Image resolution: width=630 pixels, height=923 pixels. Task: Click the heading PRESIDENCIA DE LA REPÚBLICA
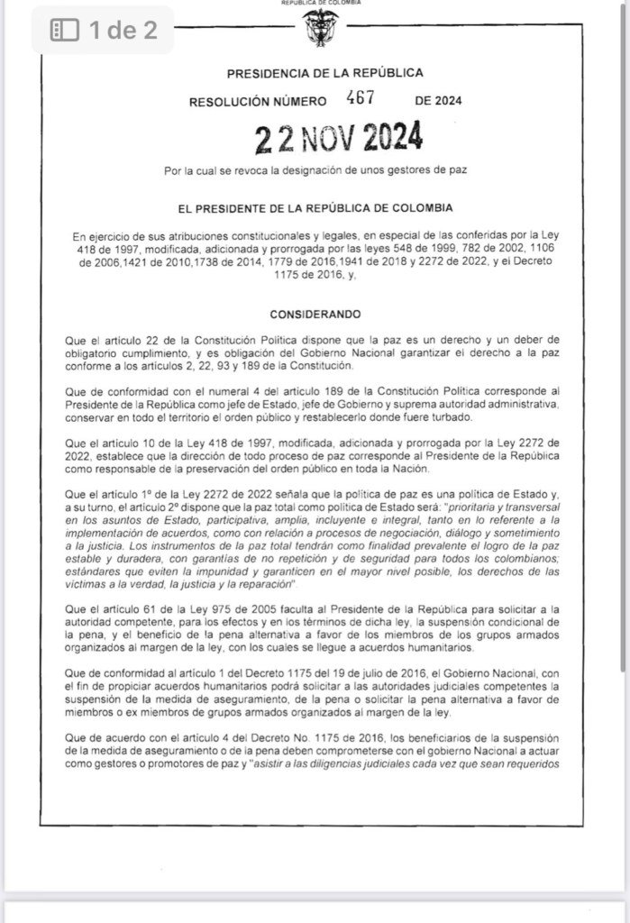click(324, 73)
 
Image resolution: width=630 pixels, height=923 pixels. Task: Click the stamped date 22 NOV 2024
click(339, 138)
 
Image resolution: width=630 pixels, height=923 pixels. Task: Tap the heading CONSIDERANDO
click(315, 314)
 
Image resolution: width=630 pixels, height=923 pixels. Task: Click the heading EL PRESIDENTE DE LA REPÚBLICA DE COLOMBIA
click(315, 208)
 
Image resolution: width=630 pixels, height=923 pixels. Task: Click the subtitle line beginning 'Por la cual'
click(315, 169)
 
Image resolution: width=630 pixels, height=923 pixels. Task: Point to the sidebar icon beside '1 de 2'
click(65, 30)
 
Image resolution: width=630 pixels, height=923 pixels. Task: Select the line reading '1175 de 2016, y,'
click(315, 275)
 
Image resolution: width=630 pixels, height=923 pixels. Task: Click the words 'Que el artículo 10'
click(109, 443)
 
